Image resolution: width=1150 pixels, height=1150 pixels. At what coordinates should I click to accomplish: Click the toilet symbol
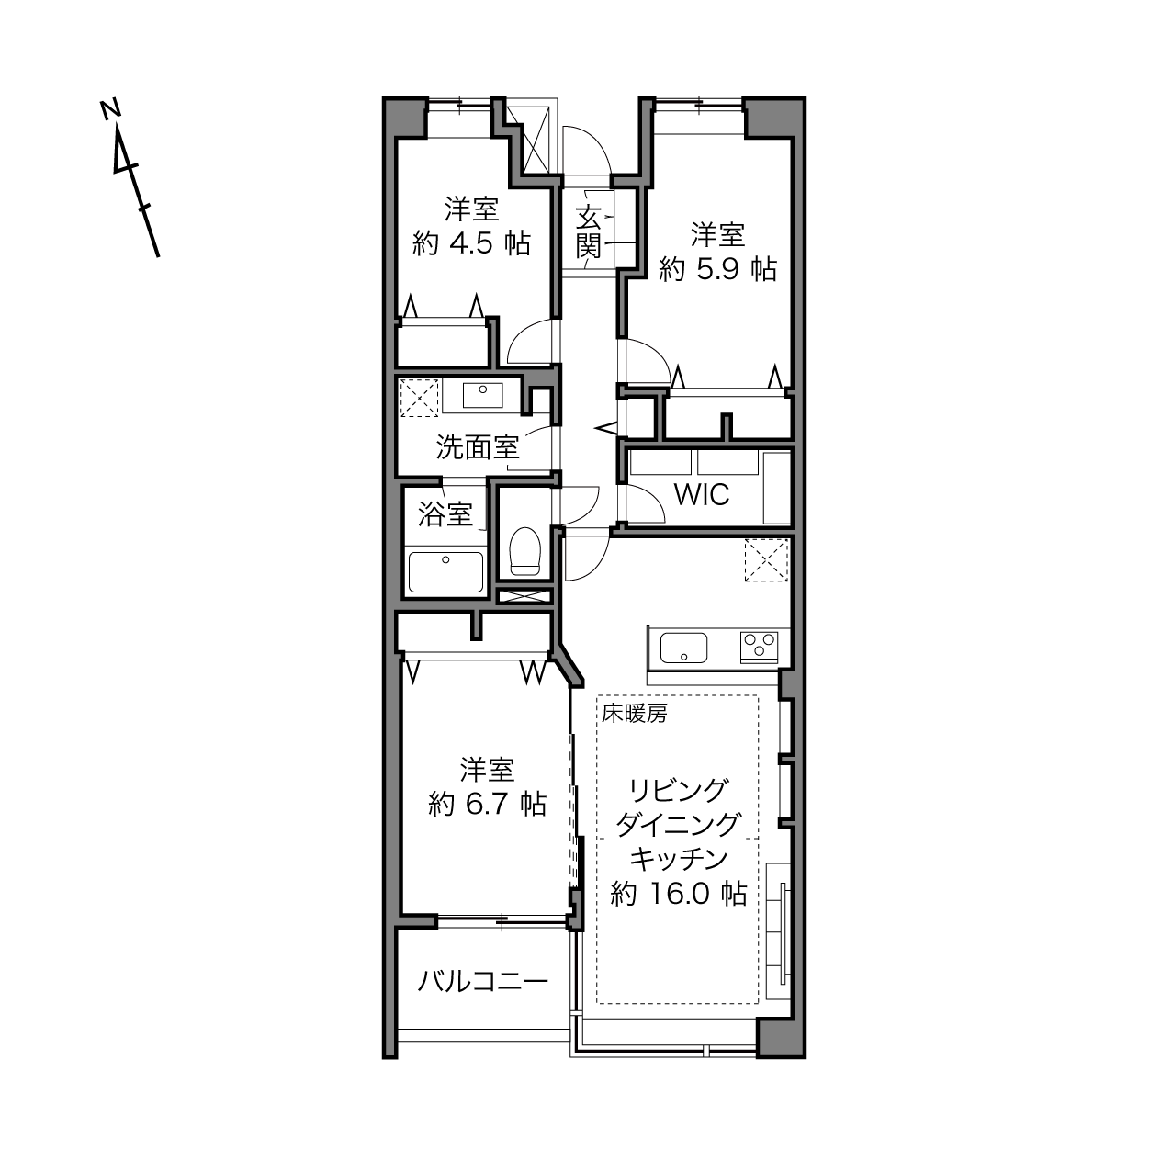tap(524, 550)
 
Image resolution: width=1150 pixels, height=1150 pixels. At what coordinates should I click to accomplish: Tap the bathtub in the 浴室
tap(445, 571)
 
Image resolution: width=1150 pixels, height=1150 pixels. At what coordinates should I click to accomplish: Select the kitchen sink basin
tap(683, 648)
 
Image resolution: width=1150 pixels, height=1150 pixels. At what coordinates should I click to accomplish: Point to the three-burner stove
tap(759, 647)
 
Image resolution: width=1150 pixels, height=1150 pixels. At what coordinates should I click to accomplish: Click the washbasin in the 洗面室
tap(482, 395)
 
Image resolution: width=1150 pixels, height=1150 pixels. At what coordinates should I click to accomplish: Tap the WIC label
tap(701, 494)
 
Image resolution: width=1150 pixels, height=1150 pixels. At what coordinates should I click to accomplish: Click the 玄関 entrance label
tap(589, 232)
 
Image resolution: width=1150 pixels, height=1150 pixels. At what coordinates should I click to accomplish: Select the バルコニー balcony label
tap(482, 948)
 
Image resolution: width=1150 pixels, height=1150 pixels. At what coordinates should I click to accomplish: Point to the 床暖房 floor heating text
tap(634, 714)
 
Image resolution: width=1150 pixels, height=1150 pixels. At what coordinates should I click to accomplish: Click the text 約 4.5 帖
tap(471, 243)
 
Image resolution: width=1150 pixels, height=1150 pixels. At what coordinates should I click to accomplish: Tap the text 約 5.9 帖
tap(717, 270)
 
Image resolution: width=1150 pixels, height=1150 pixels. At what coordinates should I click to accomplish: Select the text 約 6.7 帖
tap(487, 805)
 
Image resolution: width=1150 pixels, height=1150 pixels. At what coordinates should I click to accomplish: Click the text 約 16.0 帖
tap(679, 894)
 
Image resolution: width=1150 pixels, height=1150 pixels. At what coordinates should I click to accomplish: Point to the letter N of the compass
tap(110, 110)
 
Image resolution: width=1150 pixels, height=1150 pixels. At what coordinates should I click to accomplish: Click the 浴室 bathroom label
tap(445, 513)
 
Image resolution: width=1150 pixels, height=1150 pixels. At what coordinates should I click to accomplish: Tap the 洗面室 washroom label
tap(478, 447)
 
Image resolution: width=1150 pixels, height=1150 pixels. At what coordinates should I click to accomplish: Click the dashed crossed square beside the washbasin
tap(419, 398)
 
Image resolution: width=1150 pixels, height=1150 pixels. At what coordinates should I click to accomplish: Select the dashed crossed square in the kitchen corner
tap(766, 559)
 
